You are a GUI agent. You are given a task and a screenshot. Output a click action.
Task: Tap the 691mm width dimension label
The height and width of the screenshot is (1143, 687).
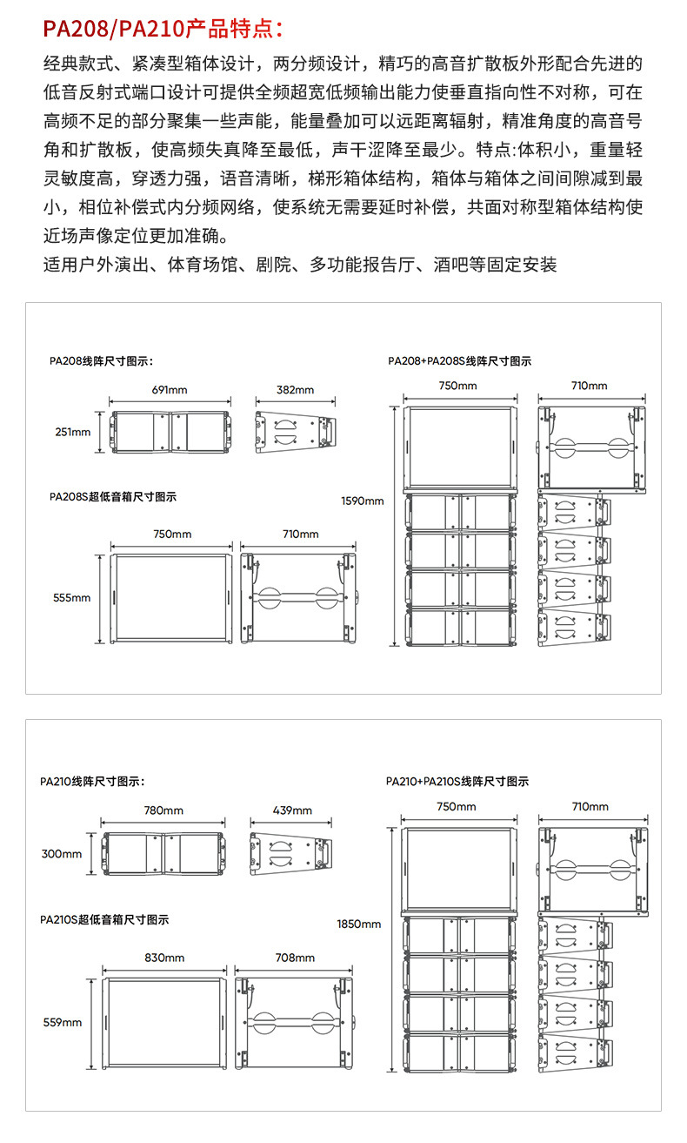(170, 389)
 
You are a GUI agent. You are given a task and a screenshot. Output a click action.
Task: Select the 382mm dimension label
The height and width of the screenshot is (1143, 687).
(296, 389)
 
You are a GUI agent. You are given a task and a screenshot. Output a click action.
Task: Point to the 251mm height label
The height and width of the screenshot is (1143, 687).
(72, 432)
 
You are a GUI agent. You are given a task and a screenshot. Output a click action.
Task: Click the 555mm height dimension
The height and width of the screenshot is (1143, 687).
(72, 598)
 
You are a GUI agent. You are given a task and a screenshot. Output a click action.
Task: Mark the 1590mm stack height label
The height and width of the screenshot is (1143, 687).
(362, 501)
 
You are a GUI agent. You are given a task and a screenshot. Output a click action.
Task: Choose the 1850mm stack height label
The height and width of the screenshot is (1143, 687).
(358, 924)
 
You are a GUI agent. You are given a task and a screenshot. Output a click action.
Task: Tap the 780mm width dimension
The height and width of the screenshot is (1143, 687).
(163, 810)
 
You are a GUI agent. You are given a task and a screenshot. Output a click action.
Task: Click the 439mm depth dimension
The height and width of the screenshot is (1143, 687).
(292, 810)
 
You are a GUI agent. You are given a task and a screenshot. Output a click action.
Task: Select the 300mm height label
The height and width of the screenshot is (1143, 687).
(62, 854)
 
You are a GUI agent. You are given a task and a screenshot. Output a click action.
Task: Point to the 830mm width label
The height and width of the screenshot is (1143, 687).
(164, 958)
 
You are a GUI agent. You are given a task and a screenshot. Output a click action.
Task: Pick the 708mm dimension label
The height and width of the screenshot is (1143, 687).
(294, 958)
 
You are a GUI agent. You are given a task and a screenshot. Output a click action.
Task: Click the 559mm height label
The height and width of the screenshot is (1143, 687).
(62, 1022)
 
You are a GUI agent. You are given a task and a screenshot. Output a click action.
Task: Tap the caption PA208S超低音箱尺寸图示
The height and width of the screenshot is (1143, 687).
(113, 497)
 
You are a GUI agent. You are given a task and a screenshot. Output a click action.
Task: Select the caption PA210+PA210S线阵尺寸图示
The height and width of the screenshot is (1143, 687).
(457, 782)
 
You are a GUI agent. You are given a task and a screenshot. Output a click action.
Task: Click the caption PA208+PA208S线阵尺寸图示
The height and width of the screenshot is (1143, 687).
(459, 361)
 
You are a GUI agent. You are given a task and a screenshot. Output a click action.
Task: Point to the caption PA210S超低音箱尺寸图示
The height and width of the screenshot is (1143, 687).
(104, 919)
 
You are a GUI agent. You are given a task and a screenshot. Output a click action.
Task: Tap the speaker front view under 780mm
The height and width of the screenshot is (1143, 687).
(163, 854)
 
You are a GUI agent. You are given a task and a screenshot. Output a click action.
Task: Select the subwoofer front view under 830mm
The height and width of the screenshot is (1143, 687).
(164, 1022)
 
